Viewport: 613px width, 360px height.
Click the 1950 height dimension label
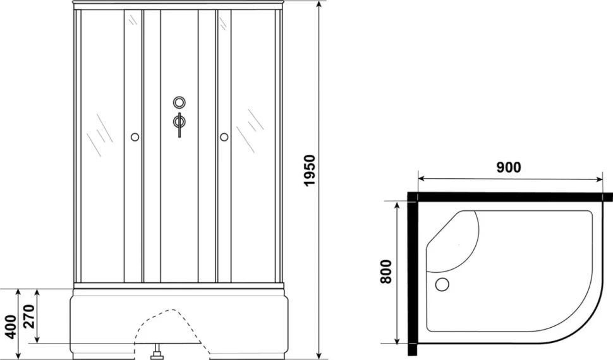(309, 171)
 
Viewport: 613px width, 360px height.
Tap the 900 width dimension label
(509, 167)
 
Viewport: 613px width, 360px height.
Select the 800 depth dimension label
(385, 272)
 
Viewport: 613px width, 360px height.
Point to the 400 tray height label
(12, 327)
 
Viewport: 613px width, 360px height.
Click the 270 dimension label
(30, 316)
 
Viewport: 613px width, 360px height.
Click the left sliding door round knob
(135, 137)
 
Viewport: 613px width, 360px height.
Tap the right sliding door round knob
(224, 137)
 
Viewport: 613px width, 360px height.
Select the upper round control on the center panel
(179, 102)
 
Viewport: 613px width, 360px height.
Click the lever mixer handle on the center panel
(179, 124)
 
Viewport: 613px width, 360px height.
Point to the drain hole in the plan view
(442, 284)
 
